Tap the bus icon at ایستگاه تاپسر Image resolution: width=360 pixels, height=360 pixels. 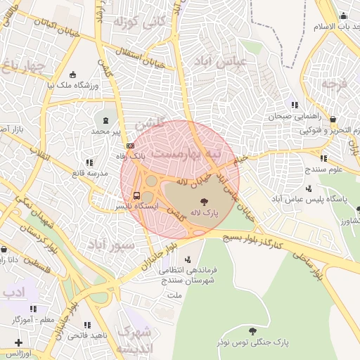click(x=136, y=195)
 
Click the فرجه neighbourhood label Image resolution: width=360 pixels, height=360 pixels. click(x=335, y=84)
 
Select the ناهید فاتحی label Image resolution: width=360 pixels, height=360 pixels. click(x=87, y=335)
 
